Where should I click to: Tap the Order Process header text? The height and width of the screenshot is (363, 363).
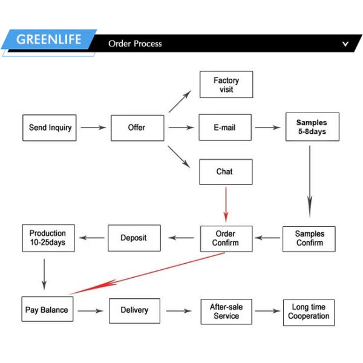135,44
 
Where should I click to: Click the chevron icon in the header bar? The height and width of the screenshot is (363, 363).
345,44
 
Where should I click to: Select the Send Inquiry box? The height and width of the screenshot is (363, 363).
50,128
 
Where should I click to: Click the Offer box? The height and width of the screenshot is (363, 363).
137,128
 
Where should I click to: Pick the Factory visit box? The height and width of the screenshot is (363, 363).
226,85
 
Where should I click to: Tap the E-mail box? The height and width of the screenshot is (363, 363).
225,128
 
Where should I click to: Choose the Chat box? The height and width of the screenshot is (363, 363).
225,172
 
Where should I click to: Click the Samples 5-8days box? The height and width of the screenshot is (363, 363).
312,127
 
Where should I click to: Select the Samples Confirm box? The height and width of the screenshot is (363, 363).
309,238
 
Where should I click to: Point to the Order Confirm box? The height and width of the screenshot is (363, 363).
226,238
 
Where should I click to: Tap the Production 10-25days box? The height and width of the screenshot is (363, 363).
48,238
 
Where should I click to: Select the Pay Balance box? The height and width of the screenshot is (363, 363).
47,310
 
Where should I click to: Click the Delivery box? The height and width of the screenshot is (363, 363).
134,310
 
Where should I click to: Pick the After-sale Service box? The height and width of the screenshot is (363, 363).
226,311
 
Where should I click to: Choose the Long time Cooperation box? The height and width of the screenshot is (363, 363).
309,311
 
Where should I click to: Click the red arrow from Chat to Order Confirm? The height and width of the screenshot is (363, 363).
226,204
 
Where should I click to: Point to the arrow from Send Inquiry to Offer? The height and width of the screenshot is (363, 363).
93,128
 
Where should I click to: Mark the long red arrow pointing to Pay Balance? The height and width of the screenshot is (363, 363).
145,274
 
